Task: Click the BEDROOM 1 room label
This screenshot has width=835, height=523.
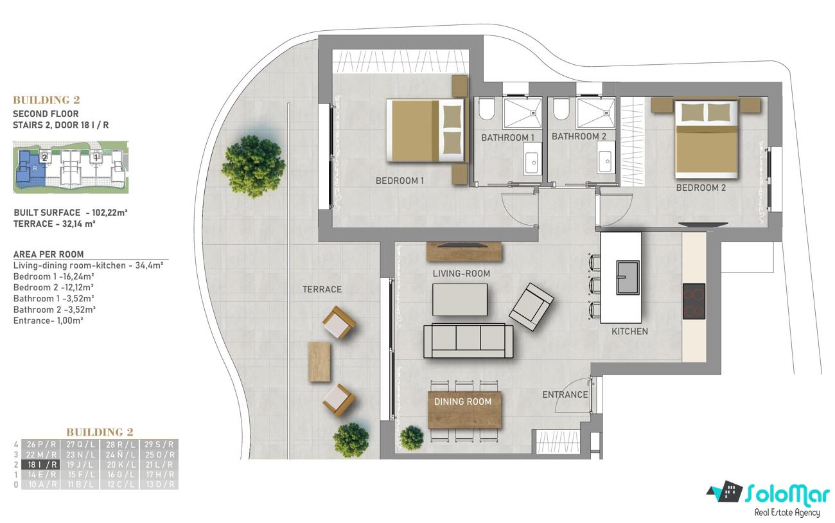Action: (x=400, y=181)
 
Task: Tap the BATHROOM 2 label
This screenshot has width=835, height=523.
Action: (x=579, y=136)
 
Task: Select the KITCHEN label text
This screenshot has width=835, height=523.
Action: (x=629, y=332)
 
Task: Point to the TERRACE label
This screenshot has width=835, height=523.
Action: (x=322, y=289)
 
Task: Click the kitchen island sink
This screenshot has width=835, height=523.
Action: (x=628, y=278)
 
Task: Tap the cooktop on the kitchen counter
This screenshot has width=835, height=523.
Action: (x=694, y=301)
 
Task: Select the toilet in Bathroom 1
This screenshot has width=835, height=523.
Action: (x=486, y=109)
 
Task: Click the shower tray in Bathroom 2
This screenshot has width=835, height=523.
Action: (x=595, y=113)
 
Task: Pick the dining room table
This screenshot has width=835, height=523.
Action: (x=464, y=410)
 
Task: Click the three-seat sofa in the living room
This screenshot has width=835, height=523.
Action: (x=468, y=341)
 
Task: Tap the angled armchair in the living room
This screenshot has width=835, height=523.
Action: (x=531, y=306)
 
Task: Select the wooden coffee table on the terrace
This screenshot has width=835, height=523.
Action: (x=319, y=362)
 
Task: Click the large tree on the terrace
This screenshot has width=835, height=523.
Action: (x=254, y=166)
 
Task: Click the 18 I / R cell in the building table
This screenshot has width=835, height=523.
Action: (x=40, y=465)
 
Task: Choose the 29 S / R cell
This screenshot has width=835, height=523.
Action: (x=159, y=445)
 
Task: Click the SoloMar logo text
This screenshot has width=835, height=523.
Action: (x=787, y=494)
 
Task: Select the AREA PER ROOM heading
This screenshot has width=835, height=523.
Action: (x=48, y=254)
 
